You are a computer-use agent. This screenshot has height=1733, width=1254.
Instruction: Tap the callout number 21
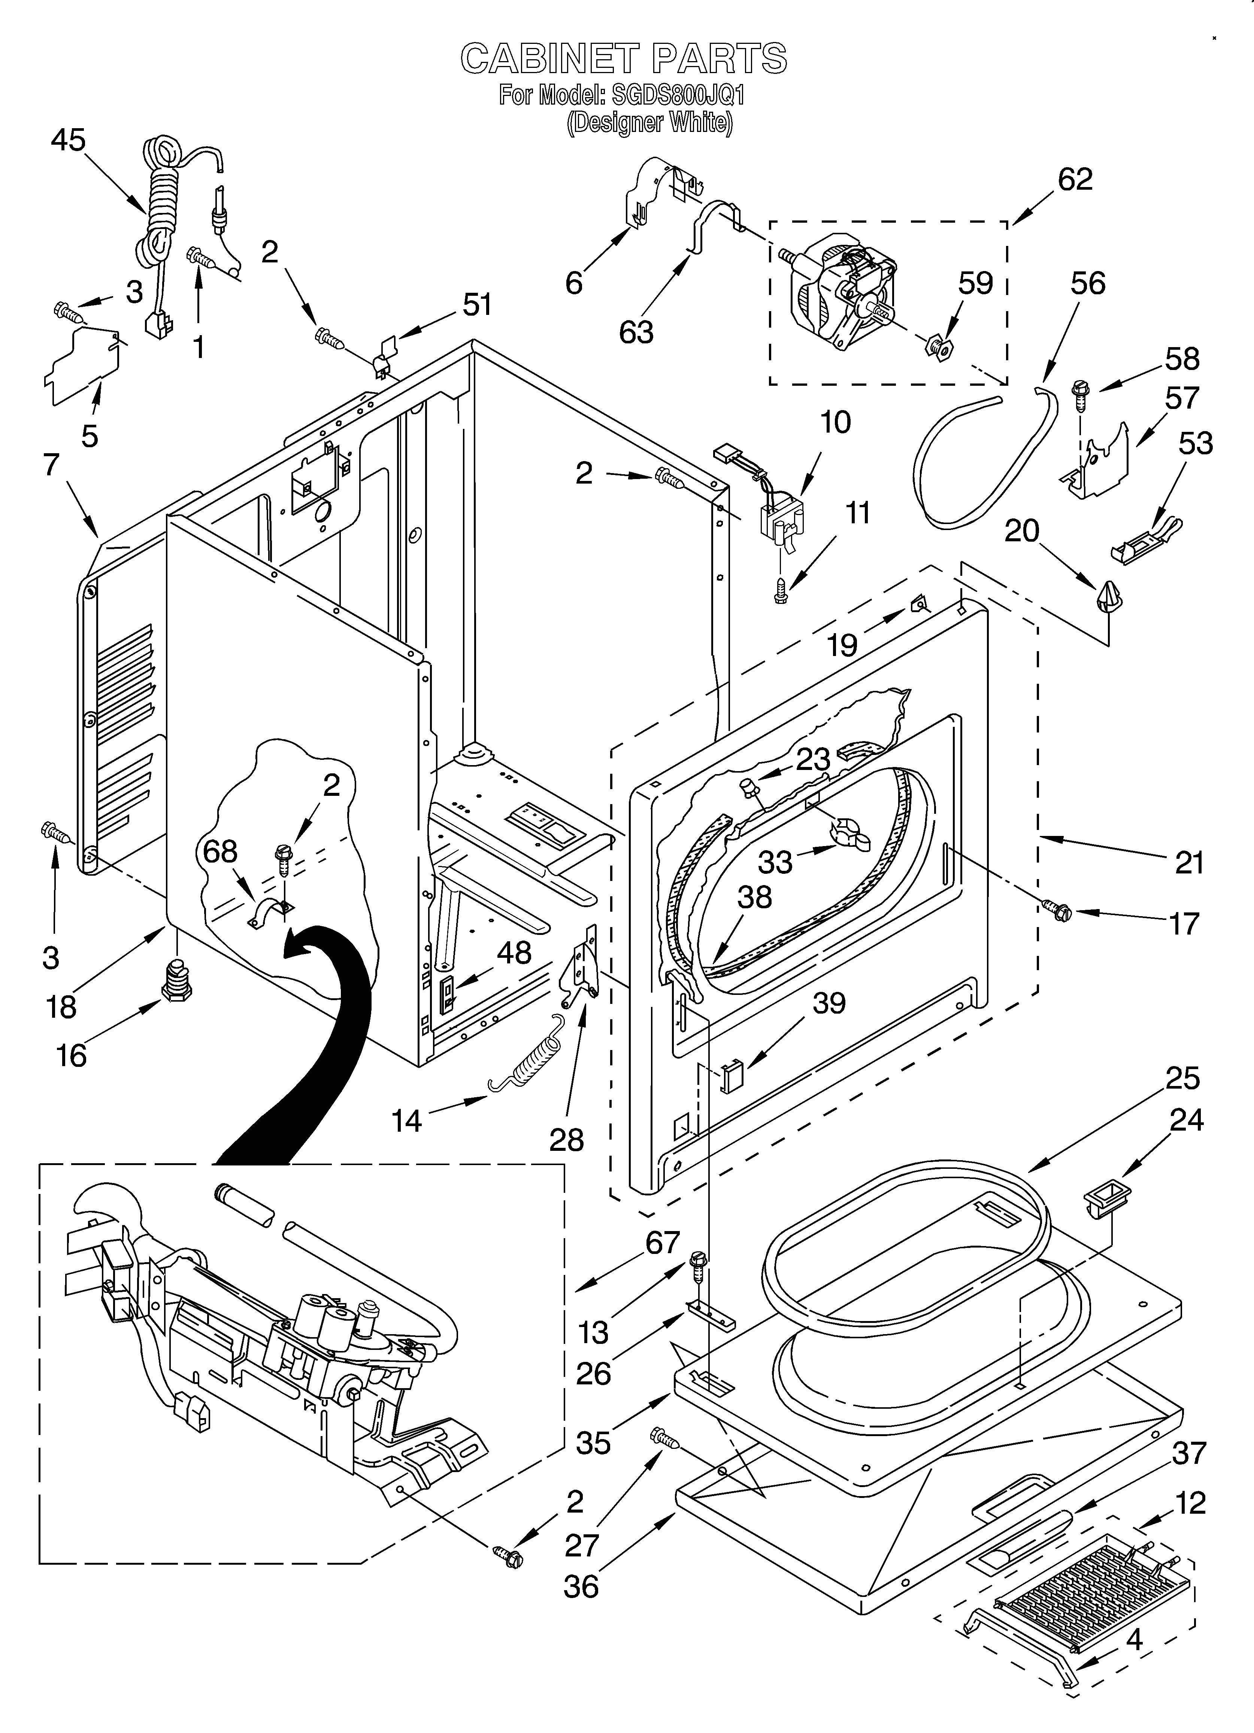pos(1189,863)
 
